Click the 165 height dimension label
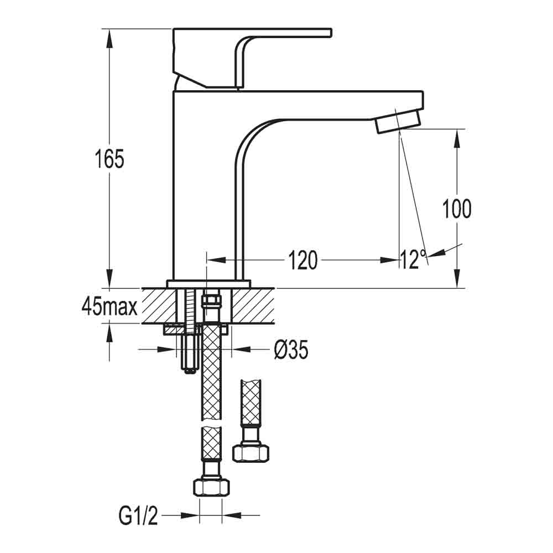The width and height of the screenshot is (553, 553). [x=109, y=159]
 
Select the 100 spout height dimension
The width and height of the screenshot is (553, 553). [x=457, y=208]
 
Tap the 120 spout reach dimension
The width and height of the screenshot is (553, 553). [x=302, y=260]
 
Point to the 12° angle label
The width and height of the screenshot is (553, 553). [x=413, y=259]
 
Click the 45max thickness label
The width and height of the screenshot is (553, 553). [x=109, y=306]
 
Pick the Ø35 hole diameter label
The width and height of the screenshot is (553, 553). [x=291, y=349]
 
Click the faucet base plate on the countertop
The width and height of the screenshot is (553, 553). [x=208, y=284]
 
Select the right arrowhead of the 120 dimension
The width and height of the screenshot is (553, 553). [x=389, y=260]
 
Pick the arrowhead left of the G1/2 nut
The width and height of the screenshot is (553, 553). [x=191, y=516]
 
